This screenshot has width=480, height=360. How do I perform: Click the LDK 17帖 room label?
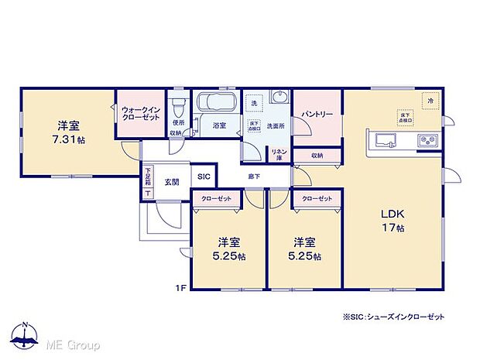392,221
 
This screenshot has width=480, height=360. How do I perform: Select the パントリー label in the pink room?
317,114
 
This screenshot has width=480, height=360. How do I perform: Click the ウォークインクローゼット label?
140,115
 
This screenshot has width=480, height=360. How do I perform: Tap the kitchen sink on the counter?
386,140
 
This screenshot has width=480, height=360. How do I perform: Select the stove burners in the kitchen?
427,140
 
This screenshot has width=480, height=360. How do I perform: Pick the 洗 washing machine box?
252,103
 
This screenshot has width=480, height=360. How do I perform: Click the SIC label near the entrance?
204,177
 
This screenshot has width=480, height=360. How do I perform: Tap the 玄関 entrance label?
171,182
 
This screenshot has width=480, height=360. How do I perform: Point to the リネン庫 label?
277,154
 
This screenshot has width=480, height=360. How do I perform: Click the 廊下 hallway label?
254,177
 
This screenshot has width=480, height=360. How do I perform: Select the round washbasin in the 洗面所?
280,98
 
